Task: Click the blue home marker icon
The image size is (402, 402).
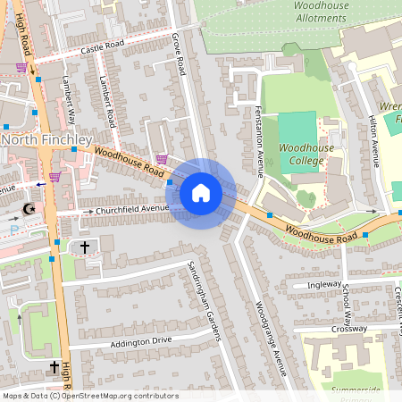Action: point(201,193)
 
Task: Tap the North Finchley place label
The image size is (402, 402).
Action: point(46,140)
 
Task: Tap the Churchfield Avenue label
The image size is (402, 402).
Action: point(133,209)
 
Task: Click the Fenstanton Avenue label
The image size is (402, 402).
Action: point(256,127)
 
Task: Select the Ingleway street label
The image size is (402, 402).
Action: point(323,285)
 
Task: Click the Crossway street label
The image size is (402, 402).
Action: point(348,329)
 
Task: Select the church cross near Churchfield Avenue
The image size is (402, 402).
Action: point(86,246)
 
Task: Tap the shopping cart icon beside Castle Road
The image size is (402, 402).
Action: point(21,67)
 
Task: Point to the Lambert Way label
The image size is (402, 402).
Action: point(68,97)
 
